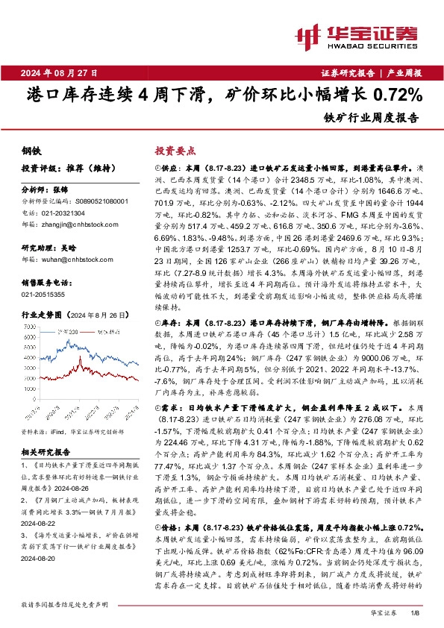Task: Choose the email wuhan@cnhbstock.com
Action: (73, 259)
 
